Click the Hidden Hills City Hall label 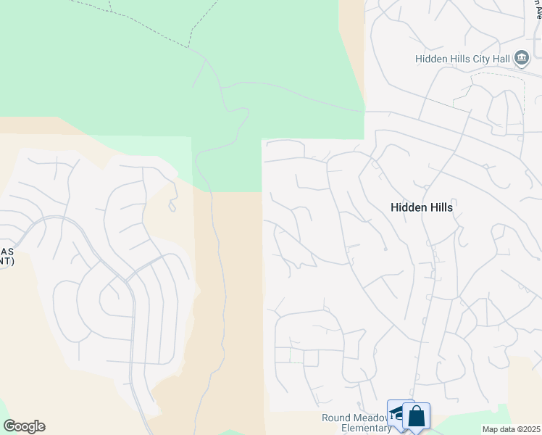(x=463, y=59)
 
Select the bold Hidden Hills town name (x=421, y=207)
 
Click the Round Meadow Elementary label (x=357, y=423)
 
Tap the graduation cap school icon (x=397, y=415)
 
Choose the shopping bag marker (x=417, y=417)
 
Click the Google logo (x=24, y=426)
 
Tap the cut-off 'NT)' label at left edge (x=6, y=262)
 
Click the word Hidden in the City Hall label (x=432, y=59)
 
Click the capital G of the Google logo (x=9, y=426)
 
